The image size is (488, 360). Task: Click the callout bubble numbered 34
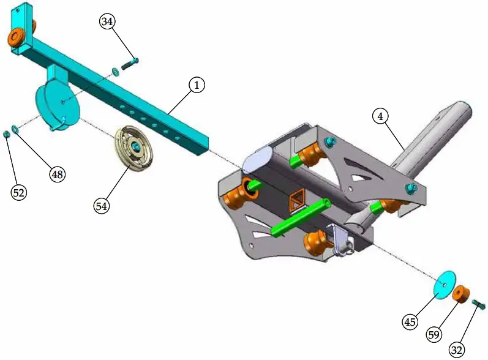coord(107,22)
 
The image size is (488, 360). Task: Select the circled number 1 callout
coord(196,85)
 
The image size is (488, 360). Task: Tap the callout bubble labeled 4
coord(380,116)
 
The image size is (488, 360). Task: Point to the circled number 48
coord(57,174)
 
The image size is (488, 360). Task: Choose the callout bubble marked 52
coord(20,192)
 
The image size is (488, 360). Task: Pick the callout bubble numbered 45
coord(410,321)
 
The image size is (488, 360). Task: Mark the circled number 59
coord(435,335)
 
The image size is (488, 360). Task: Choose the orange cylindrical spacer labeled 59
coord(462,294)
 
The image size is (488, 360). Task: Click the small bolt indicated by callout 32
coord(479,303)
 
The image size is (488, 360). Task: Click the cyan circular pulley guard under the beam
coord(58,107)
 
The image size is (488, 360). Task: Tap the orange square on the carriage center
coord(297,198)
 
